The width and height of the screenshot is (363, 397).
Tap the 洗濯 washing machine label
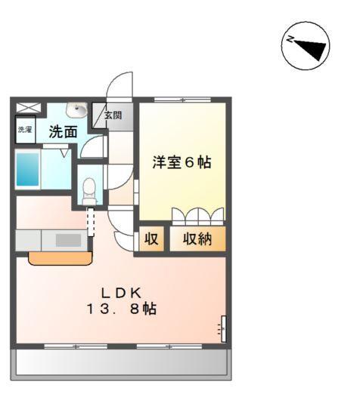25,130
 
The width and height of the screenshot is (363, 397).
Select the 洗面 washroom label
63,131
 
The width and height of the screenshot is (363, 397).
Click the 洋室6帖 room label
181,162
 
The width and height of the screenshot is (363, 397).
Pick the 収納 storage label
196,239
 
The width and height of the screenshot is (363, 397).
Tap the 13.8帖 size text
121,309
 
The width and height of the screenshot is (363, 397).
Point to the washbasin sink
77,110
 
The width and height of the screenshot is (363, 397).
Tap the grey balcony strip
121,365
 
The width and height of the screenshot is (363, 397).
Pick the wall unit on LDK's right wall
223,328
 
